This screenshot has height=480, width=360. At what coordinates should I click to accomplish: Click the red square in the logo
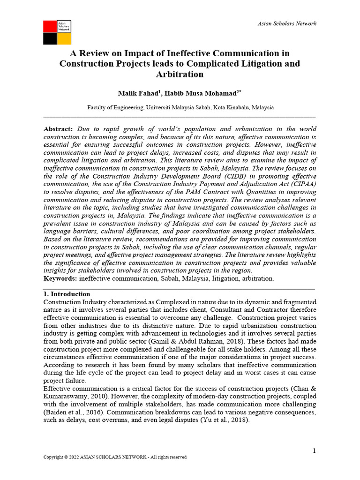click(50, 27)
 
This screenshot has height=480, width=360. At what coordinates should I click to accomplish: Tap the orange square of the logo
click(64, 39)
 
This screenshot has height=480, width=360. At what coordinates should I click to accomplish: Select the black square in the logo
click(50, 39)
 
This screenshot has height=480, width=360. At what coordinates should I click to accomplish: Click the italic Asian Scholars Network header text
click(287, 23)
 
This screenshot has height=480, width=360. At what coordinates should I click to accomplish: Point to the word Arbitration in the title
click(180, 75)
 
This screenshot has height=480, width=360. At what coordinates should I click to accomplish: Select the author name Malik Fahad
click(138, 94)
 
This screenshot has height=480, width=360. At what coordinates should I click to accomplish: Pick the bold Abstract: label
click(58, 129)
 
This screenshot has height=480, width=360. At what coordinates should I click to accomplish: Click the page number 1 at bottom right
click(315, 450)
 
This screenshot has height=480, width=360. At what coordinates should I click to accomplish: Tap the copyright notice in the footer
click(115, 457)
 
